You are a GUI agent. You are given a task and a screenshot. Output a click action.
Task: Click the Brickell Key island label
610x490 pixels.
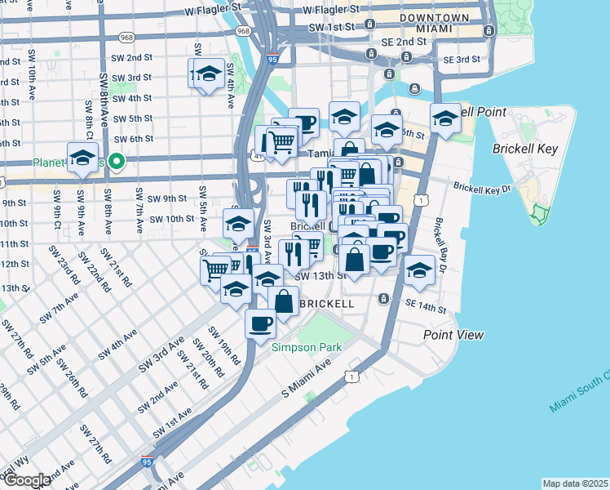(x=524, y=149)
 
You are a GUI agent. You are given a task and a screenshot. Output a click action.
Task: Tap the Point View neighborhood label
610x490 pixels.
(x=453, y=335)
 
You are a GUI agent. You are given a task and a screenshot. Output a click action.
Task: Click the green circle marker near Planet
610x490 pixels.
(x=117, y=162)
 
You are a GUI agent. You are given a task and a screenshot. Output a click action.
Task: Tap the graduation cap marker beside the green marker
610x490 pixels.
(x=82, y=158)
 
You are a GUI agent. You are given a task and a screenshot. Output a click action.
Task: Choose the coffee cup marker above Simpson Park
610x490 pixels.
(x=261, y=323)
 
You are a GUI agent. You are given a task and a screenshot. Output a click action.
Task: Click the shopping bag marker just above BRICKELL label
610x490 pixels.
(x=283, y=300)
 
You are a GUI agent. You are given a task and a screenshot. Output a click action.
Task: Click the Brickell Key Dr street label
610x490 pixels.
(x=481, y=188)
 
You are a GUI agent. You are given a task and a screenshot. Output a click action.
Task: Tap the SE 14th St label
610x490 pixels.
(x=427, y=310)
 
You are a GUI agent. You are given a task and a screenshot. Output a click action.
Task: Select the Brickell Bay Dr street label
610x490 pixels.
(x=442, y=246)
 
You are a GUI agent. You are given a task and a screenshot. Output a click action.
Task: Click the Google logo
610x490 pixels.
(x=28, y=480)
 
